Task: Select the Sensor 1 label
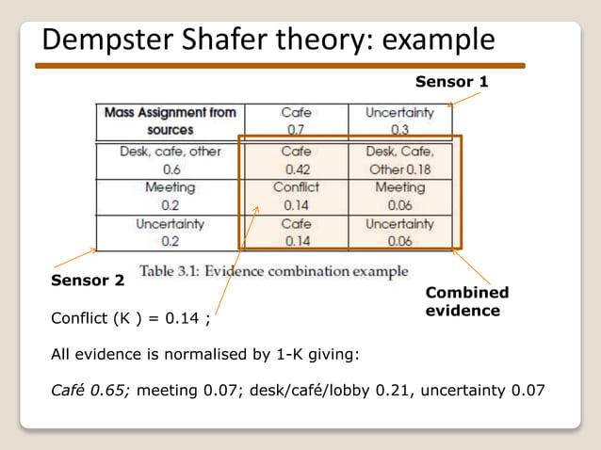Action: point(452,82)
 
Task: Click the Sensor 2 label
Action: point(87,281)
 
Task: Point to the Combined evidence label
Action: point(467,301)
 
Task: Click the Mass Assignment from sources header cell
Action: point(171,121)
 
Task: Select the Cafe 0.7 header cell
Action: point(296,121)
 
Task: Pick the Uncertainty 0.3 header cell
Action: point(399,121)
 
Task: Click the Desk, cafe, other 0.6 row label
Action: point(171,160)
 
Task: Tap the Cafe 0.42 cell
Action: point(296,160)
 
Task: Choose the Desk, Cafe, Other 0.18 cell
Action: point(399,160)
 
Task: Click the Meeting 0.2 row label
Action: point(171,197)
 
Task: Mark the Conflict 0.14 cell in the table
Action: point(296,197)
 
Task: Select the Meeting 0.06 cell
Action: point(399,197)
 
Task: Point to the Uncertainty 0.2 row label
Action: point(171,233)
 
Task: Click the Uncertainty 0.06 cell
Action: point(399,233)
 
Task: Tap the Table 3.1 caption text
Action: point(274,271)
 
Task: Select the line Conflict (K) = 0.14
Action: point(130,318)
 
